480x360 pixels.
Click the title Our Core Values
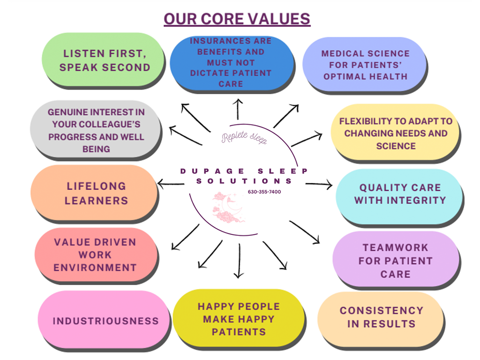point(237,19)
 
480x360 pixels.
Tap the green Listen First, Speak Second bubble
point(103,60)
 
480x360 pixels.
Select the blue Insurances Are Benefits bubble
point(232,63)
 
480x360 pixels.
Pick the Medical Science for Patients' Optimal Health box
point(365,65)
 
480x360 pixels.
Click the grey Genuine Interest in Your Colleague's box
point(96,130)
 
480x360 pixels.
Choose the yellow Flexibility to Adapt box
point(396,133)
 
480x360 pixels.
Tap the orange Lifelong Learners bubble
point(94,193)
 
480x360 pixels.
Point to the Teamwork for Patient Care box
point(396,260)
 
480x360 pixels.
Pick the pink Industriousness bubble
point(104,320)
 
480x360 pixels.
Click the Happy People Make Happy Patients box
point(239,319)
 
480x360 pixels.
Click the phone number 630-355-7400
point(264,192)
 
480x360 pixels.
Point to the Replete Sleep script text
point(244,137)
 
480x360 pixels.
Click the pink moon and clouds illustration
point(228,207)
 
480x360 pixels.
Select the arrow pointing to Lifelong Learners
point(171,184)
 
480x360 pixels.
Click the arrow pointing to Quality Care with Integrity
point(319,184)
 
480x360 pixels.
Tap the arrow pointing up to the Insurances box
point(238,109)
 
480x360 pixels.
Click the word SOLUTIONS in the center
point(244,181)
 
